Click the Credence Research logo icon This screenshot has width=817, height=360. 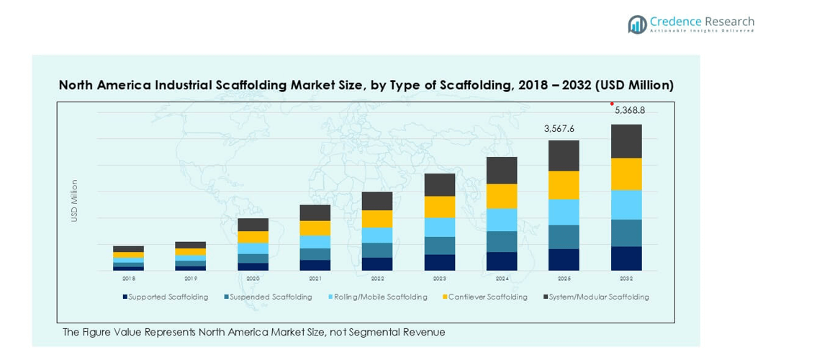(x=637, y=24)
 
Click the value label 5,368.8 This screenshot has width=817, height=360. (x=629, y=111)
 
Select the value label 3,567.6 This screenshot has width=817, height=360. (x=559, y=129)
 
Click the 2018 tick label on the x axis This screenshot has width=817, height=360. (x=129, y=278)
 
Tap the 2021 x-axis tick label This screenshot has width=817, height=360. (x=315, y=278)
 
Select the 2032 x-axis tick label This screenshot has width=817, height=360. (x=626, y=278)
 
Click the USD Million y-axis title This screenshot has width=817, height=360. (x=74, y=200)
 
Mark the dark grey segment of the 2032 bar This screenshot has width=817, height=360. (x=626, y=141)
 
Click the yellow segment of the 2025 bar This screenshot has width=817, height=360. (x=564, y=185)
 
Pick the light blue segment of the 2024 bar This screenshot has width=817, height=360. (x=502, y=220)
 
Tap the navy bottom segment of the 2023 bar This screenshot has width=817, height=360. (x=440, y=262)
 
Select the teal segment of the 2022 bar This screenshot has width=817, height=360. (x=377, y=250)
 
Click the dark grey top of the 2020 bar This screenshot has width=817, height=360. (x=253, y=225)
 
